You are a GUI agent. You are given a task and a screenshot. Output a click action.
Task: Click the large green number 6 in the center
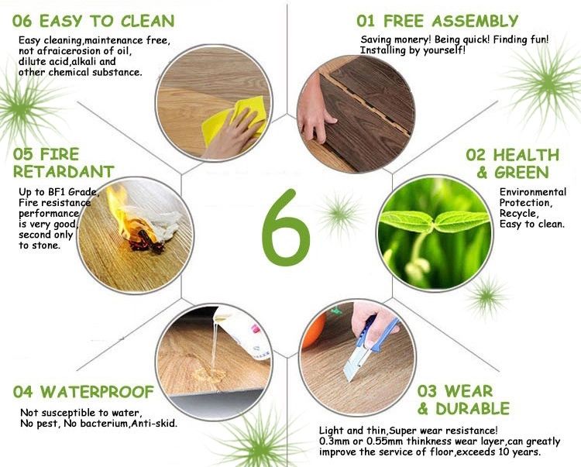coord(285,228)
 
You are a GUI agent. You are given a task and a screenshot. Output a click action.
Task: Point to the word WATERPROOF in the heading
coord(97,392)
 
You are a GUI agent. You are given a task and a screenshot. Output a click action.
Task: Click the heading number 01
coord(366,21)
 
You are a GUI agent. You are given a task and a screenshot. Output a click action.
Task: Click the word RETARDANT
coord(64,172)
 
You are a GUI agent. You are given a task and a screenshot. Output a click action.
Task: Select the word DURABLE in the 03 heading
coord(473,409)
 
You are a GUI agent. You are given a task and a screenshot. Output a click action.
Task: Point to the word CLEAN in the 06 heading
coord(147,21)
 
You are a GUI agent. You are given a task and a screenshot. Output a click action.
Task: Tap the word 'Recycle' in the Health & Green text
coord(518,214)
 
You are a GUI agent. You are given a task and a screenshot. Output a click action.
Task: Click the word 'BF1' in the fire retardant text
coord(57,192)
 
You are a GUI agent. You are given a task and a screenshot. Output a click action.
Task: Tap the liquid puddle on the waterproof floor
coord(210,373)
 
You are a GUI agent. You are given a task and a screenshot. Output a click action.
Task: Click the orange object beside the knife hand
coord(312,331)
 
